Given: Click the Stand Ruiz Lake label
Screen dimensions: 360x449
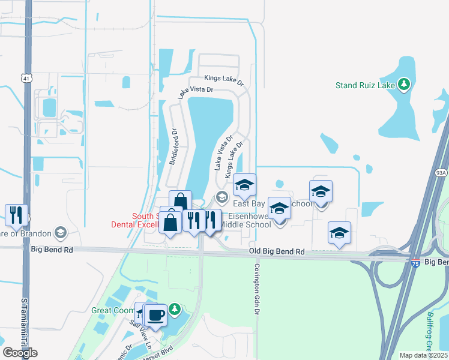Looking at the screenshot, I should pyautogui.click(x=365, y=85).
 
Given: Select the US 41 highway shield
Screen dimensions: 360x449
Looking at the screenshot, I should pyautogui.click(x=25, y=78).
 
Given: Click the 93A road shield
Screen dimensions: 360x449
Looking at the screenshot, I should pyautogui.click(x=442, y=173).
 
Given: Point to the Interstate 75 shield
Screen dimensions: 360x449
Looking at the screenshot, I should pyautogui.click(x=415, y=263).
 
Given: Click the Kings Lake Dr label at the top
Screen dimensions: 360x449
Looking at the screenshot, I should pyautogui.click(x=223, y=79).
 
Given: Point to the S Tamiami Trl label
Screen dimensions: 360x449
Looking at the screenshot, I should pyautogui.click(x=25, y=324).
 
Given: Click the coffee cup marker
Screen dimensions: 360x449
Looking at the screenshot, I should pyautogui.click(x=156, y=314).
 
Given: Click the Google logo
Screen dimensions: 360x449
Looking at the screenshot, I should pyautogui.click(x=20, y=353).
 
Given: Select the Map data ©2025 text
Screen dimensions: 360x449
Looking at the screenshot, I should pyautogui.click(x=424, y=355).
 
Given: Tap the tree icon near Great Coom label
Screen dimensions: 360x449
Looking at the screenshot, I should pyautogui.click(x=174, y=310).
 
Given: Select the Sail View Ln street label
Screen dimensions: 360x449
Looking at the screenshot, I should pyautogui.click(x=142, y=331).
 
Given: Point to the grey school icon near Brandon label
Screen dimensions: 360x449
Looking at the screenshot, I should pyautogui.click(x=60, y=232).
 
